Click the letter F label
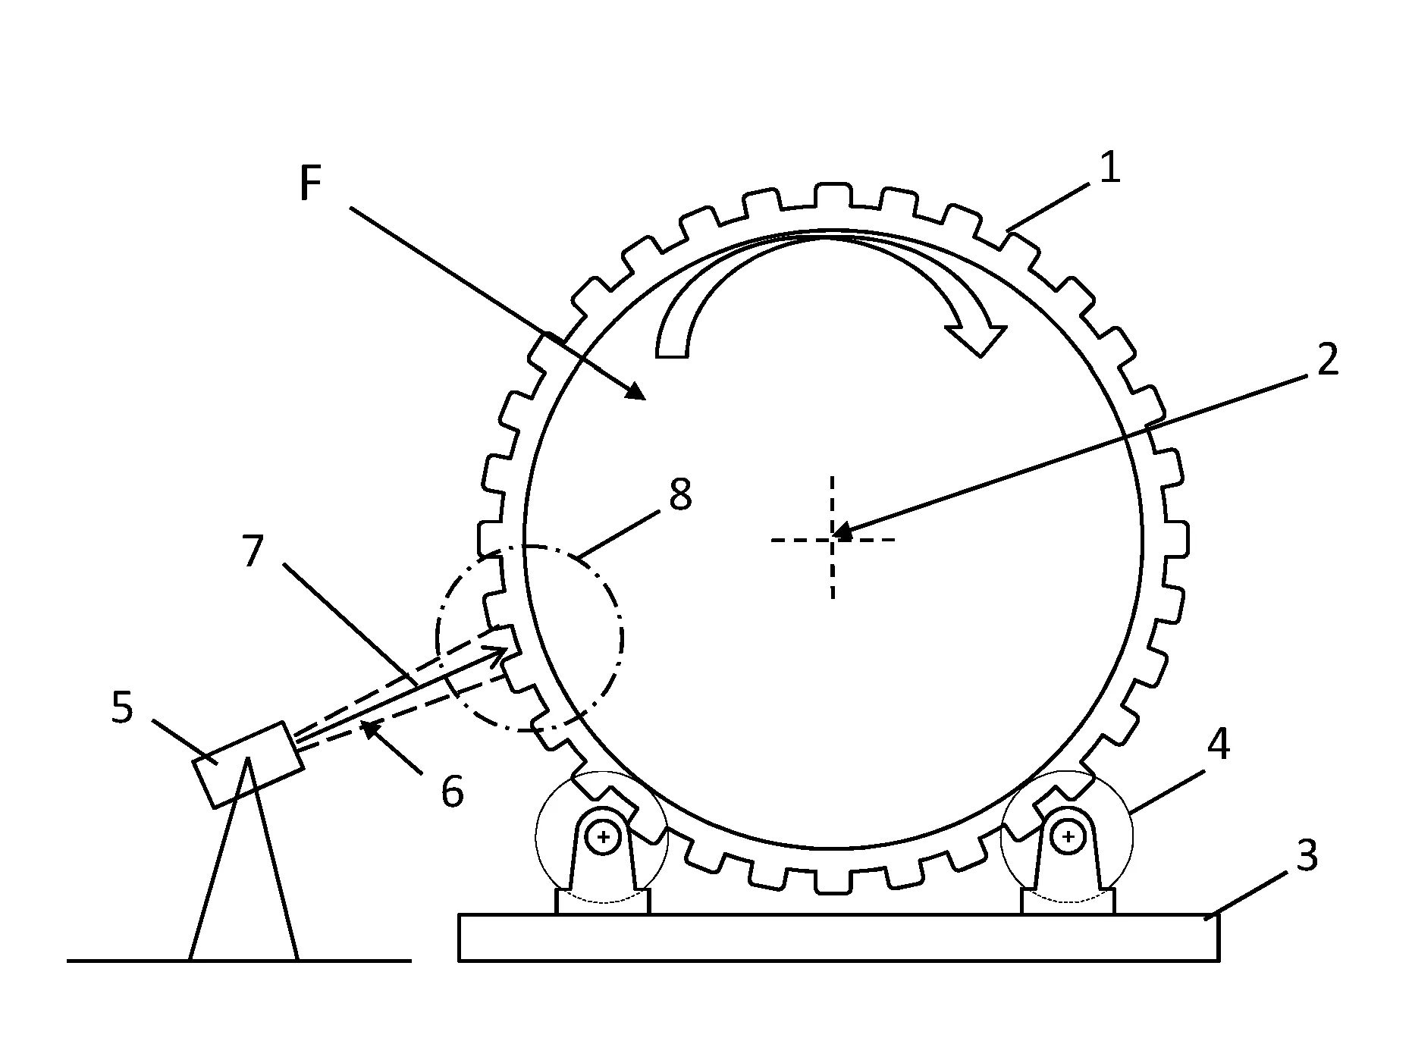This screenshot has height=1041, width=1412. click(311, 183)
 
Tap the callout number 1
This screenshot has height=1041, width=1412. click(1109, 168)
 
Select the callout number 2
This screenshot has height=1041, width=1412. click(1327, 359)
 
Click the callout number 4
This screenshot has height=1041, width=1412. click(1218, 746)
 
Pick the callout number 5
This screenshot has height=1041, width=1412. click(122, 707)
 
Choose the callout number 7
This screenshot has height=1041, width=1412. click(253, 551)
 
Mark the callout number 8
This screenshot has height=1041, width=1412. click(680, 494)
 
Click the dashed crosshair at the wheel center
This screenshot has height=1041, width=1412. click(833, 539)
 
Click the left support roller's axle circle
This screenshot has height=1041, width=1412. click(604, 837)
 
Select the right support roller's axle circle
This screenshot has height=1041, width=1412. click(1068, 837)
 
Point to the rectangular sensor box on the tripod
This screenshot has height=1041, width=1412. click(249, 764)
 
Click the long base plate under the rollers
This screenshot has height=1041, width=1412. click(839, 938)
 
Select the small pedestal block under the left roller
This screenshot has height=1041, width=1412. click(603, 902)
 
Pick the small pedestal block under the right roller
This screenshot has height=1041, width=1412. click(1068, 902)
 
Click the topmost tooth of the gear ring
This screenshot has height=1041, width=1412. click(833, 195)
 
